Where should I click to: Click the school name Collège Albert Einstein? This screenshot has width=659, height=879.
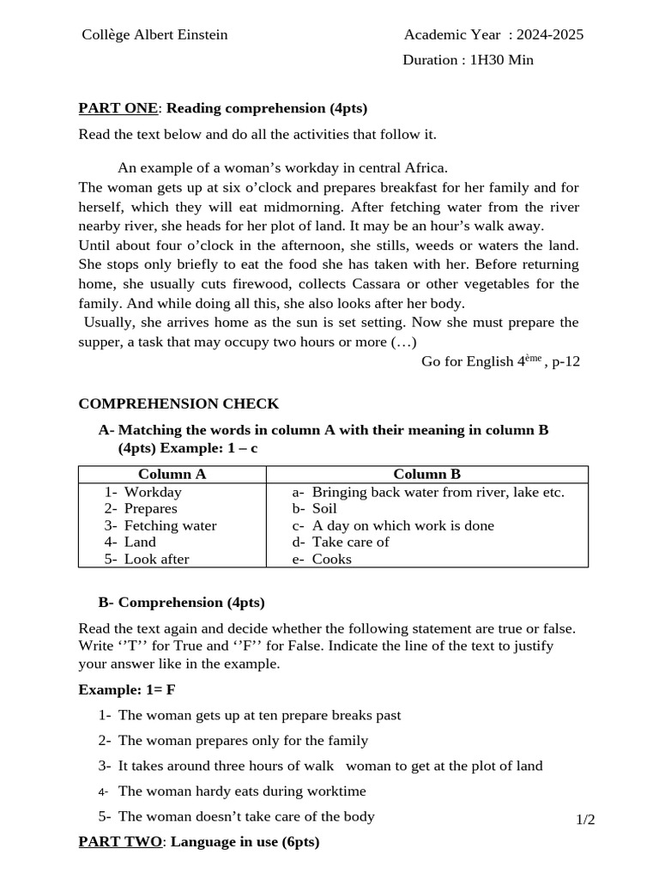[x=154, y=35]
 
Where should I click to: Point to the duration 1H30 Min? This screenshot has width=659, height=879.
[x=501, y=60]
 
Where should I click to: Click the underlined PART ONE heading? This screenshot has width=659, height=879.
[x=118, y=108]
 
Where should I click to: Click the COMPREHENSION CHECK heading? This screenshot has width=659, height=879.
[x=178, y=403]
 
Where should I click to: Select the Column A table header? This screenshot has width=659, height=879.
[x=172, y=474]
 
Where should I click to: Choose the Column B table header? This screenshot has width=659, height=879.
[x=426, y=474]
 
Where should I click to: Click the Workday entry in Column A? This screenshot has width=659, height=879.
[x=152, y=492]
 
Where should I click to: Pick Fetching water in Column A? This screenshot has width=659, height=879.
[x=170, y=525]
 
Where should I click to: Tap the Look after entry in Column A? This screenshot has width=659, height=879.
[x=156, y=559]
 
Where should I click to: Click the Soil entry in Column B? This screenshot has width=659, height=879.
[x=324, y=508]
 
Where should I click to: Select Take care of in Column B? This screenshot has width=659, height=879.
[x=350, y=542]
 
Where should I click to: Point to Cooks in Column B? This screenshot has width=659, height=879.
[x=331, y=559]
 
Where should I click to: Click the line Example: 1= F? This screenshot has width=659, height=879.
[x=127, y=689]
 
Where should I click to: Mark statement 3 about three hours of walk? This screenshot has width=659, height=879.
[x=329, y=766]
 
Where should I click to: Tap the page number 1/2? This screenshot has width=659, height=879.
[x=585, y=820]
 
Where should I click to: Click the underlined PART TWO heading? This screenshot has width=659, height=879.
[x=119, y=842]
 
